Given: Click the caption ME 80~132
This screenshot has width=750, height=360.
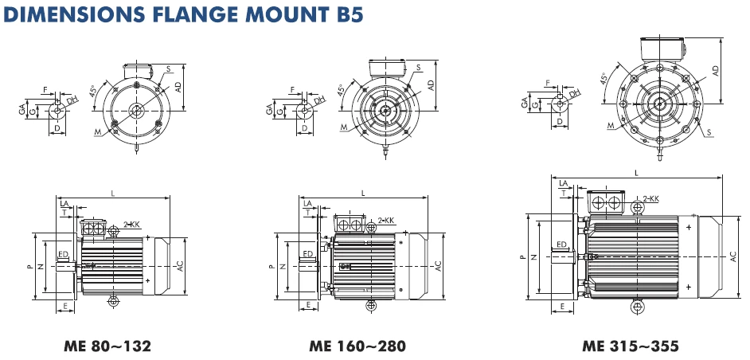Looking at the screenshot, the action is coord(107,346).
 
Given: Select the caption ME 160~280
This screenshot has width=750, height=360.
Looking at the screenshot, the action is coord(357,346).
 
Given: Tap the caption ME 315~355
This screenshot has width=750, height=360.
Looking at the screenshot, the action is coord(630,346).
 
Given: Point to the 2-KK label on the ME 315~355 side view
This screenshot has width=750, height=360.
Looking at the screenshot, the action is coord(651,198).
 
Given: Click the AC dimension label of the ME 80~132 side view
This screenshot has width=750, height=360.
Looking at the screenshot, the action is coord(180,267).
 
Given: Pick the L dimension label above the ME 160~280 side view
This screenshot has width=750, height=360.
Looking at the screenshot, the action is coord(364,193).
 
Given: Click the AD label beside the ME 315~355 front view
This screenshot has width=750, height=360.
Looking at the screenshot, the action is coord(715,71).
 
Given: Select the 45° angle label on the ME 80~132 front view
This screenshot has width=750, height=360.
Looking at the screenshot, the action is coord(93,91).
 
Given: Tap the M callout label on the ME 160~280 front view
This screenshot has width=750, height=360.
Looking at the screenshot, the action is coord(344,127).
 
